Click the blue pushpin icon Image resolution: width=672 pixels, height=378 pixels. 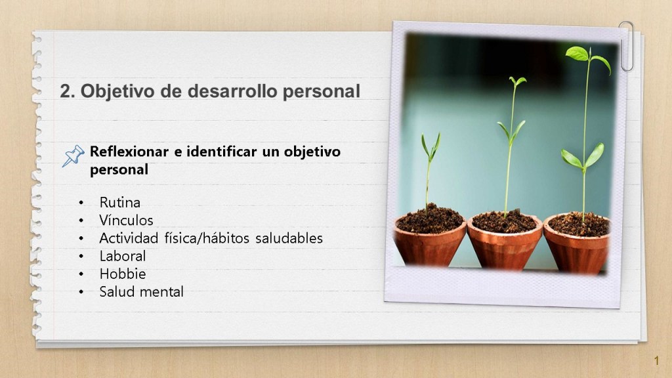[x=73, y=156]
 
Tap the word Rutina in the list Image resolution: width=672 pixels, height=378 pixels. [x=119, y=202]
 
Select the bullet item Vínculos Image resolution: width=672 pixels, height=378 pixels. [x=126, y=220]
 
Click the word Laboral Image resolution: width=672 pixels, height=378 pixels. [x=123, y=256]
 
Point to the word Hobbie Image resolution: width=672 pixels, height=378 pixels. [x=123, y=274]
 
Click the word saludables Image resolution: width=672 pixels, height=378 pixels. [x=289, y=238]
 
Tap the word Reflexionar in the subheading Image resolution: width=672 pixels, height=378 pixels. [x=129, y=152]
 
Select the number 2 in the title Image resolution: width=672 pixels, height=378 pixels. [x=65, y=91]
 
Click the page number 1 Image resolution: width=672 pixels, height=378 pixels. [x=656, y=361]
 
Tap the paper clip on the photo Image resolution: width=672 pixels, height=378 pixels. [x=627, y=46]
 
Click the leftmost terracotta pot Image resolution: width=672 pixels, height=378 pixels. [x=430, y=240]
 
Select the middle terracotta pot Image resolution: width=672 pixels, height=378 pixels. [x=505, y=242]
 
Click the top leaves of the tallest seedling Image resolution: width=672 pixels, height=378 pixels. [x=587, y=58]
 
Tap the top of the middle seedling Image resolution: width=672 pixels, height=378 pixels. [x=517, y=81]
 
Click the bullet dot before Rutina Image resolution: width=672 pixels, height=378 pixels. [x=81, y=203]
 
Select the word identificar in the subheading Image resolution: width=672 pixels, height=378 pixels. [x=222, y=152]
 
